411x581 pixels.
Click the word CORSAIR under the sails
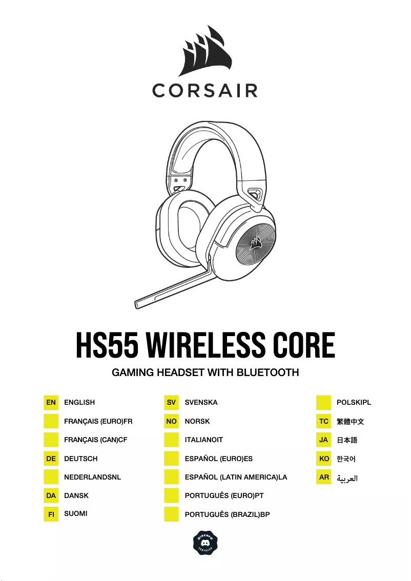click(205, 91)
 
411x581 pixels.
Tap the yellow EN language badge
click(51, 403)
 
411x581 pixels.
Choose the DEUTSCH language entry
click(80, 459)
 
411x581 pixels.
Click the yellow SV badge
click(171, 403)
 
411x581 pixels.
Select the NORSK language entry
click(197, 421)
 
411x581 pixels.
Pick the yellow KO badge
click(324, 459)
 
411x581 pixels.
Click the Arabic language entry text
click(347, 478)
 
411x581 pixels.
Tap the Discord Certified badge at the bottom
click(205, 542)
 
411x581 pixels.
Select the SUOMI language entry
click(76, 513)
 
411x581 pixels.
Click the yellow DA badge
click(51, 496)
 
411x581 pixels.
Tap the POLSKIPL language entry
click(354, 403)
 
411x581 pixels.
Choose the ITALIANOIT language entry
click(204, 440)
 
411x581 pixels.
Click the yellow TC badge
click(324, 422)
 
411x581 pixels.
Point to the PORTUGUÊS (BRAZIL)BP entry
click(227, 514)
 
